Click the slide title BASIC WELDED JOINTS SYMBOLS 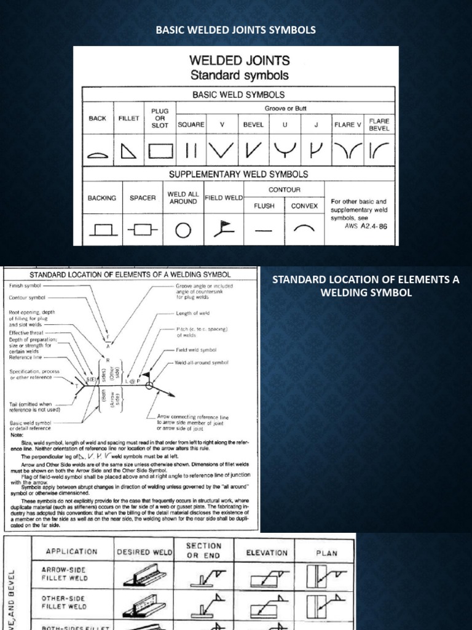coord(236,30)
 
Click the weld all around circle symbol coord(183,230)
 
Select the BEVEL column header coord(253,124)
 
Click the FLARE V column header coord(348,124)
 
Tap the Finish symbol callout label coord(24,286)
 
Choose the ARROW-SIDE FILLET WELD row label coord(65,574)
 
